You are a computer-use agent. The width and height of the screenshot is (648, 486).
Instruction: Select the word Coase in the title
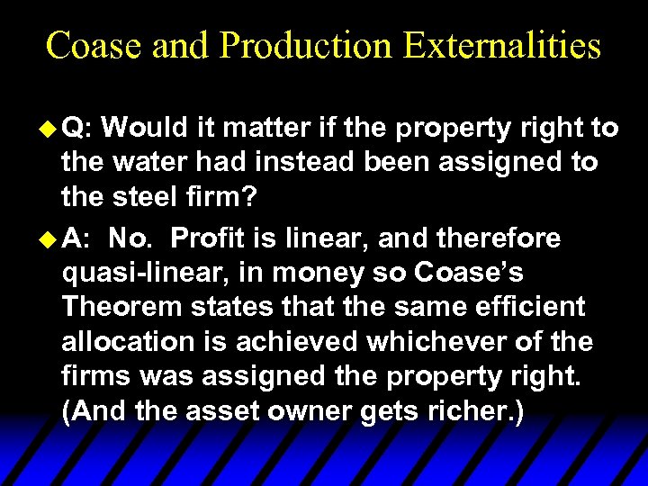(x=94, y=45)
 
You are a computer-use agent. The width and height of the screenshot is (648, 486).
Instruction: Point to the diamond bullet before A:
(x=50, y=238)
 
